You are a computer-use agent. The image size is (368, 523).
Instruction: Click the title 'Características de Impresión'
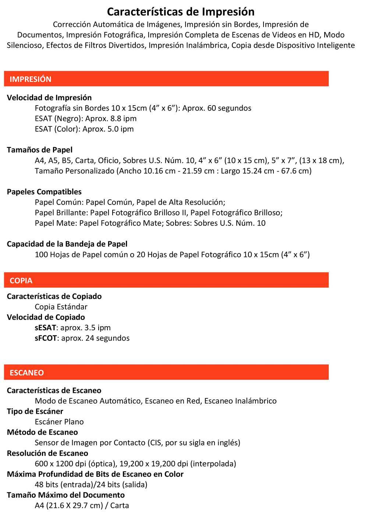point(181,12)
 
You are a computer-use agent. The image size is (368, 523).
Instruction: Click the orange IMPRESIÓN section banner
point(166,79)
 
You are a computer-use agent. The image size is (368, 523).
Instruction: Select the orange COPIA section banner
point(166,280)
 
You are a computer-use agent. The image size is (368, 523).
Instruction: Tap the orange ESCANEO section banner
point(166,372)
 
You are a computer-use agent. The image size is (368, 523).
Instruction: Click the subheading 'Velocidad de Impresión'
point(49,97)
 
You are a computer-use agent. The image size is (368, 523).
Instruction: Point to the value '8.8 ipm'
point(123,118)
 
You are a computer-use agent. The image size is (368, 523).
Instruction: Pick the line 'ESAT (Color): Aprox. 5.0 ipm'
point(84,129)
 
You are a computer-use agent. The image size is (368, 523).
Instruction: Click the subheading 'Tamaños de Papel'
point(40,150)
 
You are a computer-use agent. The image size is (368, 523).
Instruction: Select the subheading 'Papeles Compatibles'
point(44,192)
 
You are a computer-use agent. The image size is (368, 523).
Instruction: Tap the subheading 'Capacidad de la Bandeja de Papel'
point(67,244)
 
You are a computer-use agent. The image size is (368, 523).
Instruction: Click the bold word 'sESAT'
point(46,327)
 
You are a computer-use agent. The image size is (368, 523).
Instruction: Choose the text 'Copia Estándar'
point(61,307)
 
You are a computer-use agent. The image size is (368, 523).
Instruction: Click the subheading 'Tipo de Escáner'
point(35,411)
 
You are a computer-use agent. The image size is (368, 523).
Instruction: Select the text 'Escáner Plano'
point(59,421)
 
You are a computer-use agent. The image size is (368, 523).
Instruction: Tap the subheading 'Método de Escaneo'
point(42,432)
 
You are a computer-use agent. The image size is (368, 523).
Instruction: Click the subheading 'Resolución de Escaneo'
point(47,453)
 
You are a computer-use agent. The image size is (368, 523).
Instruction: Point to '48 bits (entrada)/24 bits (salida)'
point(91,484)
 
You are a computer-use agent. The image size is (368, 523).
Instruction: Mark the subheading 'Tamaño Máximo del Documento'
point(66,495)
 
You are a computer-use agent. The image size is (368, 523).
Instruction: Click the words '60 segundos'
point(229,108)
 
